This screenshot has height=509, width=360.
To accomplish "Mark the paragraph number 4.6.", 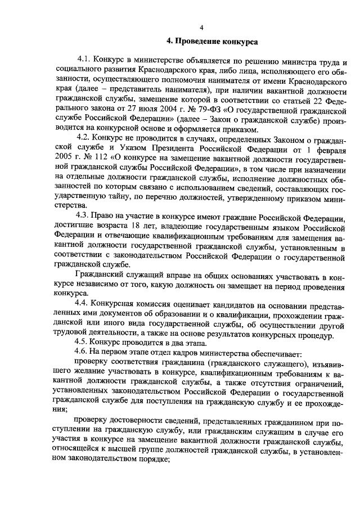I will [84, 352].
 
